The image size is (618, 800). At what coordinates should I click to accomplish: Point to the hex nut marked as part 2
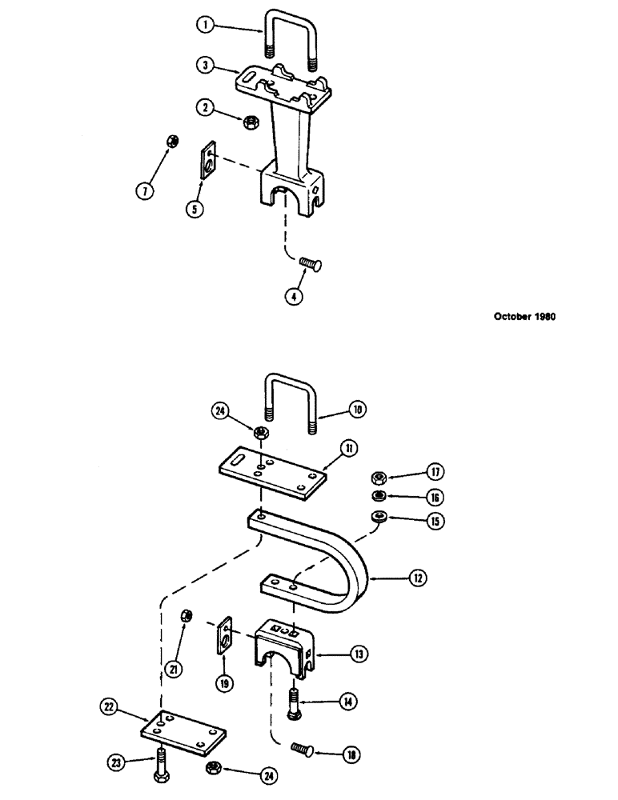point(249,122)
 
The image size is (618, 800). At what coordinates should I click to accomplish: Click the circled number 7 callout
point(144,191)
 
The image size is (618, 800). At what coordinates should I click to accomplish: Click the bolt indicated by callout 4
point(307,263)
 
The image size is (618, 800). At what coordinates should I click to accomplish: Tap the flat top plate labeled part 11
point(272,474)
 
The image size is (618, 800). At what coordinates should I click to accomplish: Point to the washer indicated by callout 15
point(379,518)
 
